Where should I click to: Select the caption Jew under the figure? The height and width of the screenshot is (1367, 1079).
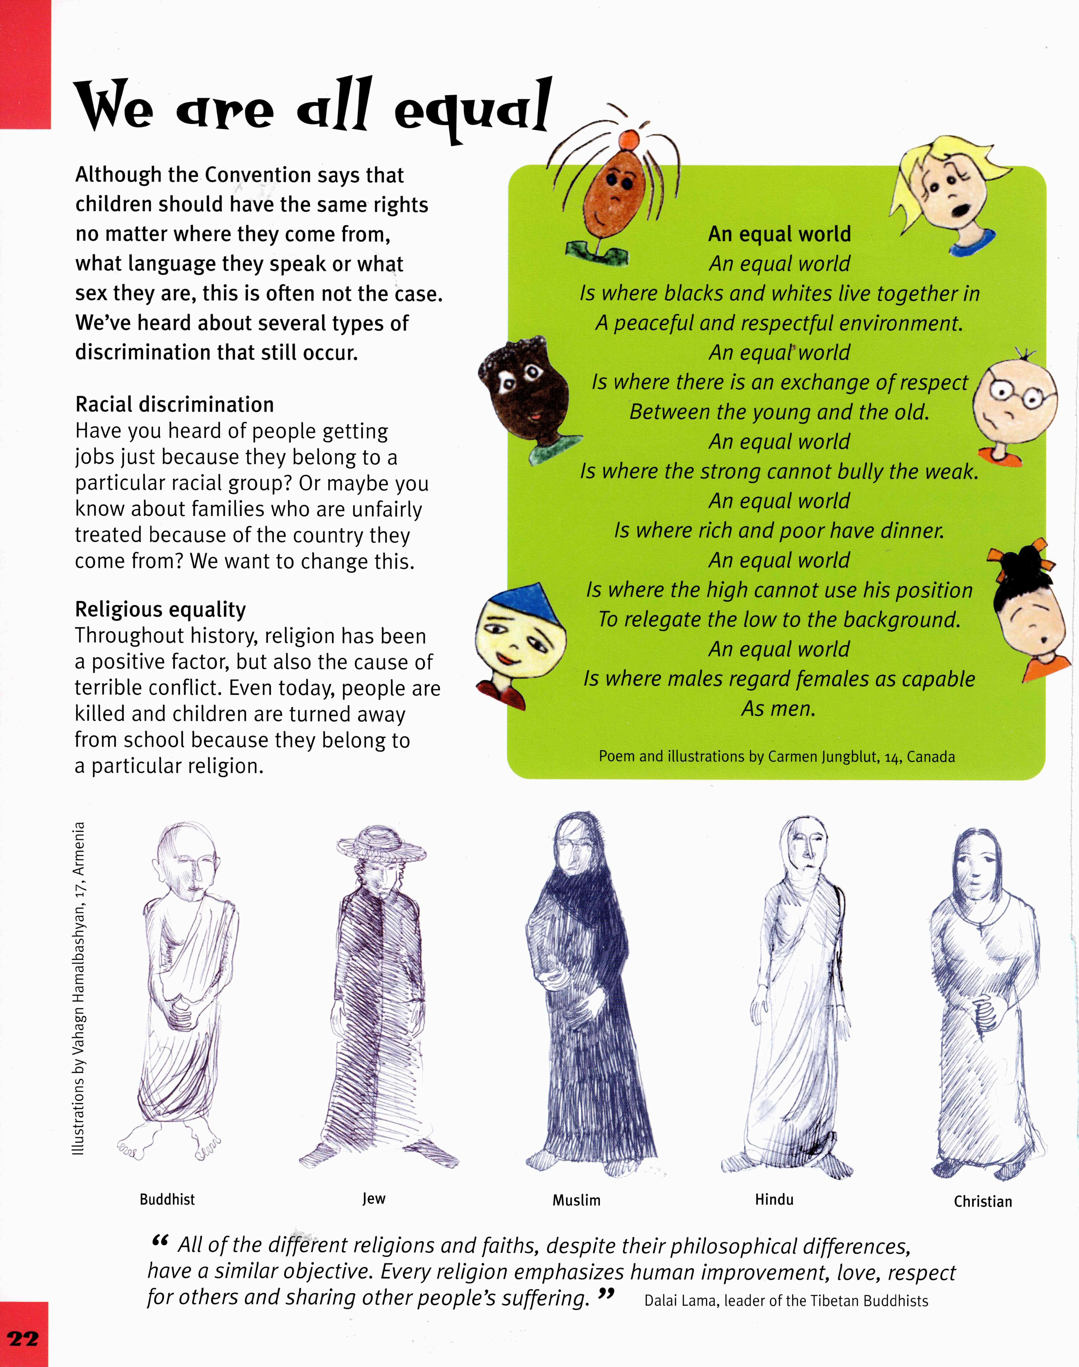(x=373, y=1198)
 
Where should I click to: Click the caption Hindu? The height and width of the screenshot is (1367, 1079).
(x=774, y=1199)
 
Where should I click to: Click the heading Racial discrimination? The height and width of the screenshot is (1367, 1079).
(x=174, y=404)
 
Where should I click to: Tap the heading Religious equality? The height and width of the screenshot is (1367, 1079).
(x=161, y=609)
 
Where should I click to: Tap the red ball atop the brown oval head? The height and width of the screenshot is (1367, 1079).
(x=627, y=138)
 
